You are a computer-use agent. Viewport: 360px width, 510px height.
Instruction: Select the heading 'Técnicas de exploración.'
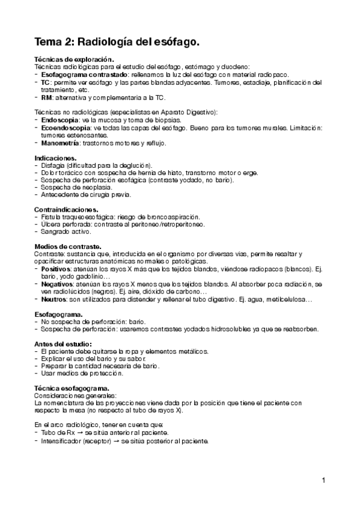tap(74, 60)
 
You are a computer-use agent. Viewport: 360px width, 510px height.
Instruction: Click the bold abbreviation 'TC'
tap(46, 82)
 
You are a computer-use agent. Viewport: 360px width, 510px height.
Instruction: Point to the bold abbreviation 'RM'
tap(46, 97)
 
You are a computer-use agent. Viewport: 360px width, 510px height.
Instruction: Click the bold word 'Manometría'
tap(61, 143)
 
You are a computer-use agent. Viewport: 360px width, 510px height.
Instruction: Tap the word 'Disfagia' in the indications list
tap(53, 165)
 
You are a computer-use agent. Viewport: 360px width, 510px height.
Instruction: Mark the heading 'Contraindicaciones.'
tap(66, 209)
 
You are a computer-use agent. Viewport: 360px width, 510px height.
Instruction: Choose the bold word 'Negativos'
tap(57, 283)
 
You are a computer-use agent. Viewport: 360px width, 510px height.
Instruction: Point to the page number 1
tap(323, 480)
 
